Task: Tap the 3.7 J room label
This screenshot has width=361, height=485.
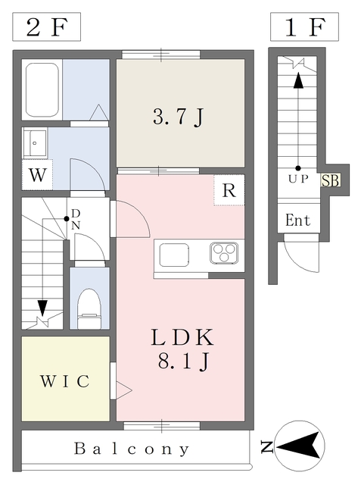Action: (x=180, y=117)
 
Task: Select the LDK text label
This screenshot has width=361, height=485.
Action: (x=182, y=336)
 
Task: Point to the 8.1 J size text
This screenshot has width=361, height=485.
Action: (x=182, y=362)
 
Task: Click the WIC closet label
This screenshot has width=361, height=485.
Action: (x=66, y=380)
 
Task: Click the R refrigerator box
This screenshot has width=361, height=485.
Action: (x=229, y=191)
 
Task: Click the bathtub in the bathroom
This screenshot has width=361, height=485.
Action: (x=43, y=89)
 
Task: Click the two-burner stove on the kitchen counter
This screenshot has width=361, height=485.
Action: (x=225, y=253)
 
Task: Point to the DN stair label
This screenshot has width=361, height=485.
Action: (x=76, y=219)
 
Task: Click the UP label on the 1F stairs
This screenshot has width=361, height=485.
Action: (x=298, y=180)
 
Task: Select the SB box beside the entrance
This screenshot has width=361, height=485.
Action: (x=331, y=180)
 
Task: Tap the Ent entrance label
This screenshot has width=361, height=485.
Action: (x=297, y=221)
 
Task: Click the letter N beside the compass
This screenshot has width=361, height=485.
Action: (x=266, y=449)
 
